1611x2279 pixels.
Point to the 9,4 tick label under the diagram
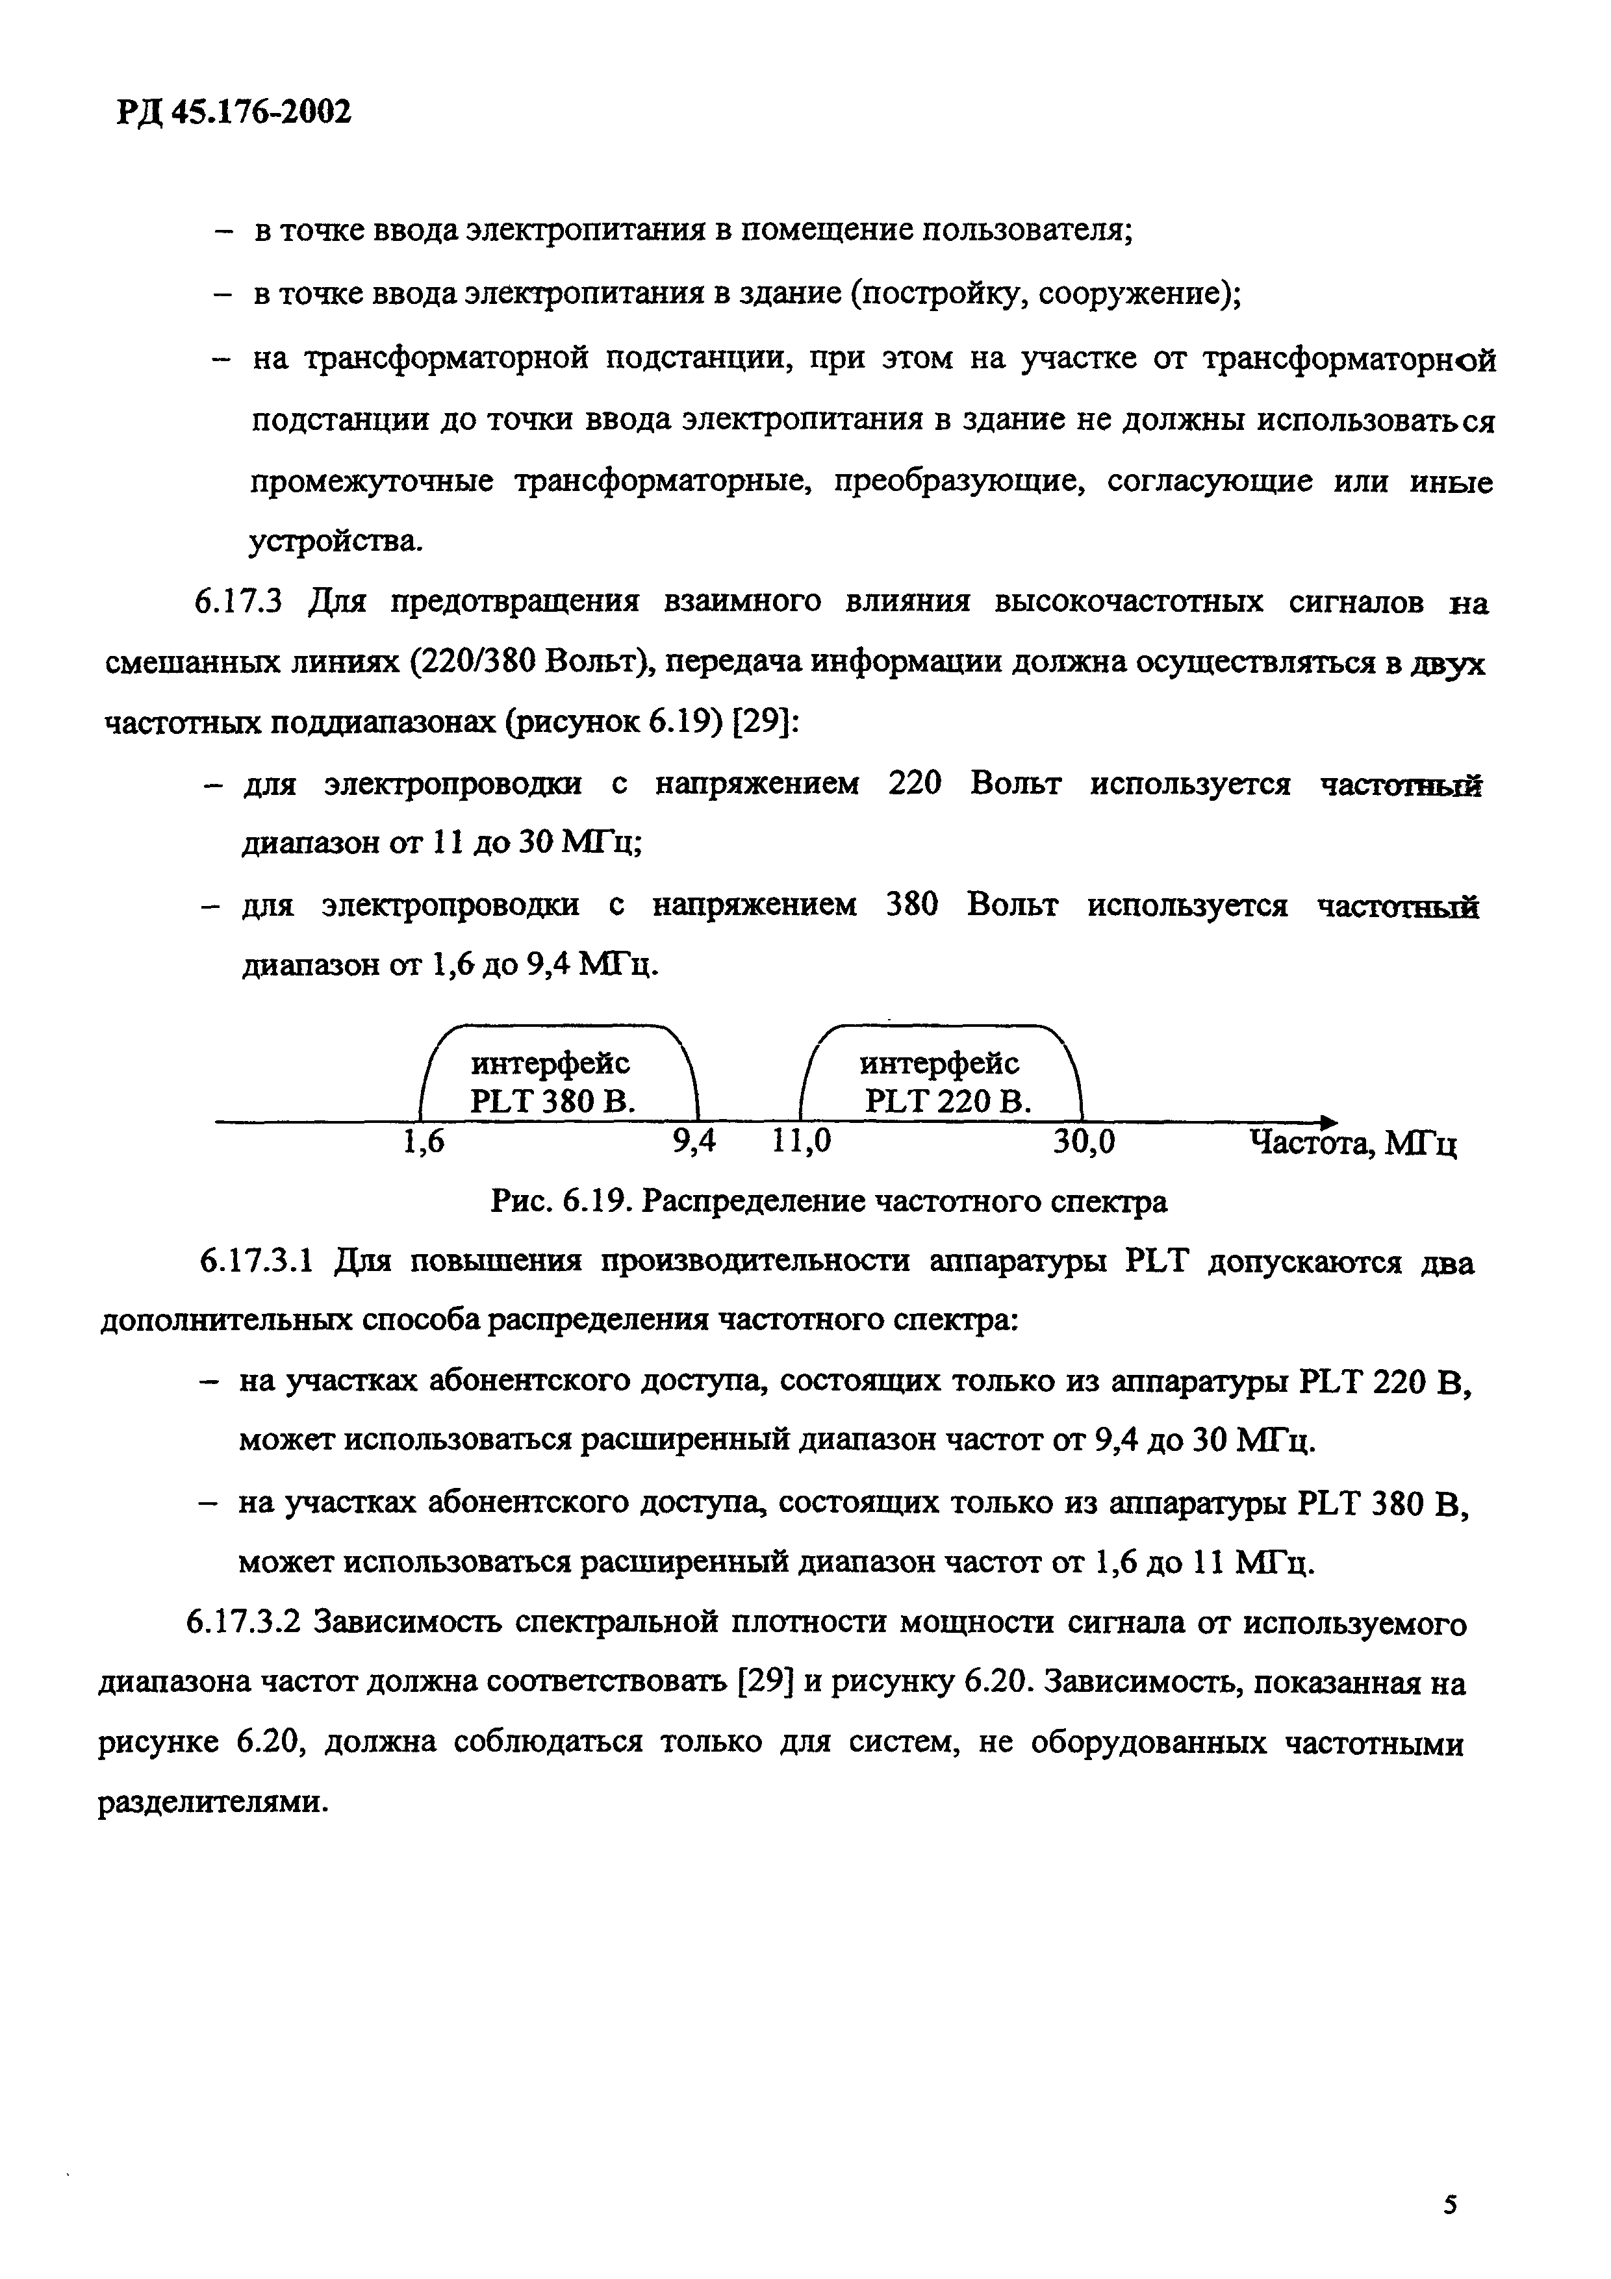click(x=694, y=1144)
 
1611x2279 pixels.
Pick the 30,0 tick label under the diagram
click(x=1084, y=1144)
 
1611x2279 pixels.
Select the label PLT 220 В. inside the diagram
click(x=948, y=1102)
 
